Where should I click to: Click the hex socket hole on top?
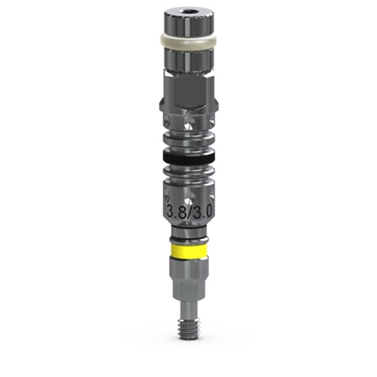pos(188,12)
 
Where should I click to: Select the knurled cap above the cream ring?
pos(188,23)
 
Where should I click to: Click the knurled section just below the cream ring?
pos(188,60)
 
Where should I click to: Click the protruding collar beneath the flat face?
pos(188,107)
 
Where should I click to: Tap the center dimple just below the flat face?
pos(188,124)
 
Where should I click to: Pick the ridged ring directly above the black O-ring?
pos(188,139)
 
